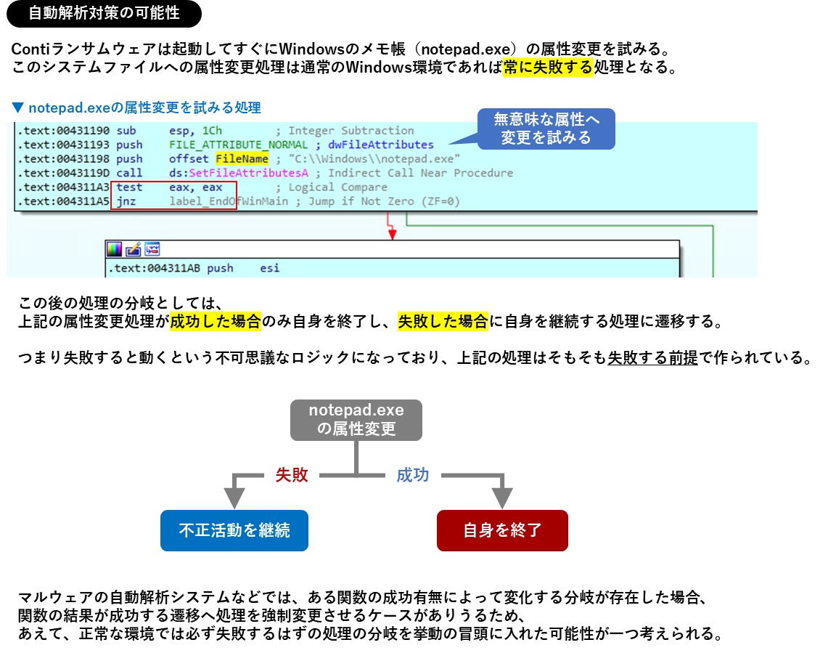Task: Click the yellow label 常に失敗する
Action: [548, 68]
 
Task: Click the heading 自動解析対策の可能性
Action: [104, 13]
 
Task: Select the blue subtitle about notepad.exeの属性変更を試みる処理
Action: [136, 108]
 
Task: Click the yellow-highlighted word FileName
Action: [242, 158]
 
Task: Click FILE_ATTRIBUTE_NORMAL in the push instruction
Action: [238, 145]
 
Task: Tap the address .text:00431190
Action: [64, 131]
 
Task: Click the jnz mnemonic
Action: [126, 201]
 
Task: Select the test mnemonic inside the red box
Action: [129, 187]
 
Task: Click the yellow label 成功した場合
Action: [216, 322]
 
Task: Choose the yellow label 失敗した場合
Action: [443, 322]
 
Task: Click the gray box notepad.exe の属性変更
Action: [356, 420]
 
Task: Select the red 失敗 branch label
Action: [292, 475]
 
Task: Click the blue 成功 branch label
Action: [413, 475]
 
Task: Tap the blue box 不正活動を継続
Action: [234, 530]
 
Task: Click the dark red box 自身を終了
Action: [502, 530]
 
